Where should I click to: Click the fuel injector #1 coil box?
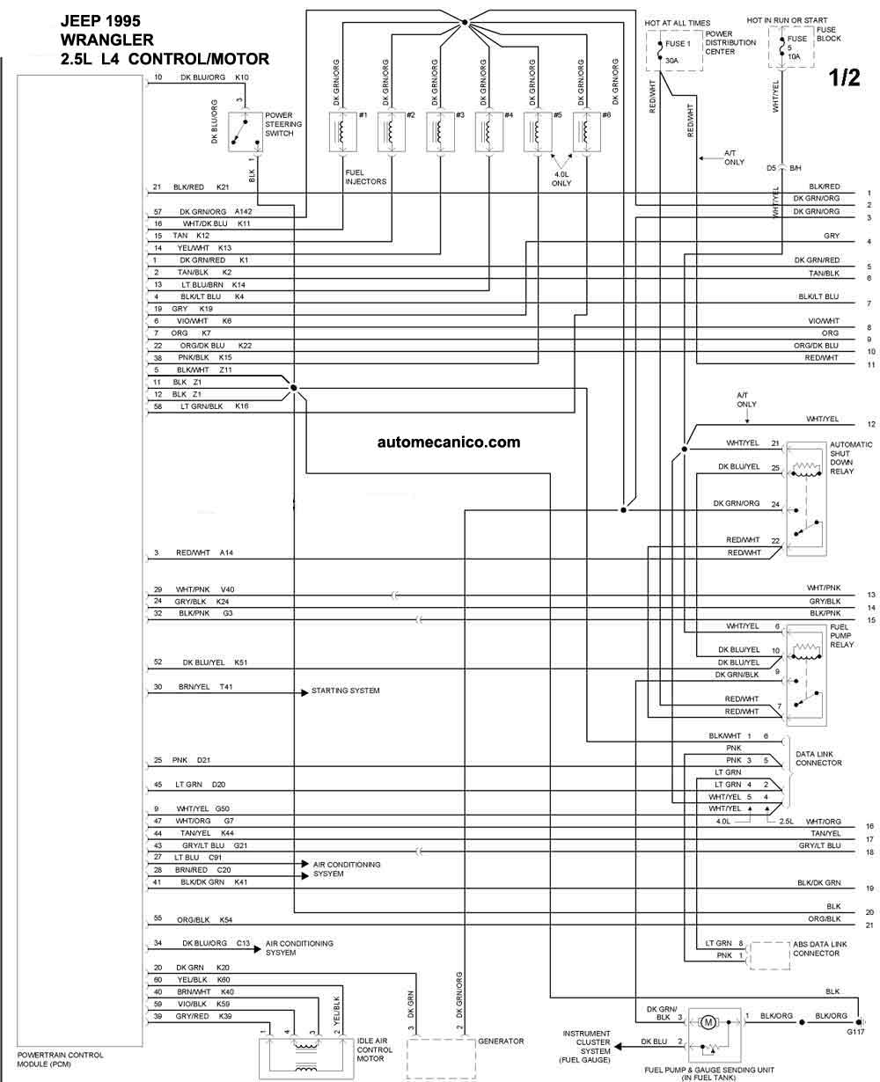343,132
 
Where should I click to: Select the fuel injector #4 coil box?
489,132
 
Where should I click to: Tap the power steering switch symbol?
245,132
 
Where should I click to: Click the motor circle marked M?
708,1022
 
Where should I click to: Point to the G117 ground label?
855,1032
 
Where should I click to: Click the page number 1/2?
845,77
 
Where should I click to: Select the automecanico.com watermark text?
449,442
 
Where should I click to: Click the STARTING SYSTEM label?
346,691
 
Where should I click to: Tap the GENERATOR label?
501,1041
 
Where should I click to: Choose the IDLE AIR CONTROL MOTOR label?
375,1049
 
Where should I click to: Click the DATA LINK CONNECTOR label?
818,758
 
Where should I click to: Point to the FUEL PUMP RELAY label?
842,635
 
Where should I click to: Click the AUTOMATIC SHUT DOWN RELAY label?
851,457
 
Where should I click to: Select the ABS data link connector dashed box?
770,956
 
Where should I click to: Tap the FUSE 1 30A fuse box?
674,51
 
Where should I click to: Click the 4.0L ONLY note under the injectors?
561,179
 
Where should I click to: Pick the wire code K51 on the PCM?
241,662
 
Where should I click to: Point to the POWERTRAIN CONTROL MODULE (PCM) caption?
60,1059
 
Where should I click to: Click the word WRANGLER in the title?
107,40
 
